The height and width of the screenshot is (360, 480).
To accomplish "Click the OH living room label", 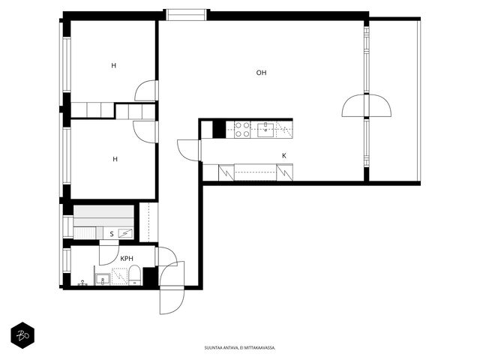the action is (x=261, y=73).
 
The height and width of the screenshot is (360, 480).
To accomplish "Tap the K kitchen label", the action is (x=284, y=156).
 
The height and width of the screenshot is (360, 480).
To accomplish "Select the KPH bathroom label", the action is (x=127, y=259).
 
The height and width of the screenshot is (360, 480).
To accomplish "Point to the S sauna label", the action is (x=112, y=234).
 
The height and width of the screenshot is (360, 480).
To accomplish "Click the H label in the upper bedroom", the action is (x=113, y=65).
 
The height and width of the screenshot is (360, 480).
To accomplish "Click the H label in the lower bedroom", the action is (x=115, y=159).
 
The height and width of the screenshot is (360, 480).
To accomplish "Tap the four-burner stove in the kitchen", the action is (x=242, y=130).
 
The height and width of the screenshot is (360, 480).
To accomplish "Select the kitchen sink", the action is (x=265, y=130).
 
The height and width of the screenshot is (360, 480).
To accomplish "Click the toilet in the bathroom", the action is (x=134, y=275).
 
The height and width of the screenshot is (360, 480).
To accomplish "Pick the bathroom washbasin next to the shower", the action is (x=103, y=278).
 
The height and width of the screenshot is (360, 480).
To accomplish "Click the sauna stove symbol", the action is (x=125, y=233).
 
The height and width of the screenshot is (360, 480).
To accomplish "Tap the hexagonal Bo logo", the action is (x=22, y=335).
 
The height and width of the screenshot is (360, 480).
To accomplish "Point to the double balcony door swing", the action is (x=367, y=106).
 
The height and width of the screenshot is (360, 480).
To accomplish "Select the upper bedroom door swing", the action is (x=147, y=90).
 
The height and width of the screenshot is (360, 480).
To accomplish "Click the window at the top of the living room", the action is (x=187, y=15).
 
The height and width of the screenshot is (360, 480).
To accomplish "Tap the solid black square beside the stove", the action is (x=219, y=130).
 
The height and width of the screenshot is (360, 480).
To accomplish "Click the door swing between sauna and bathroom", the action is (x=109, y=253).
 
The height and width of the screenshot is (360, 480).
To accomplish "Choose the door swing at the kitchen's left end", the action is (x=189, y=150).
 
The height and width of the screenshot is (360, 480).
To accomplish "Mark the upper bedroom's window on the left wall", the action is (x=67, y=64).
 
